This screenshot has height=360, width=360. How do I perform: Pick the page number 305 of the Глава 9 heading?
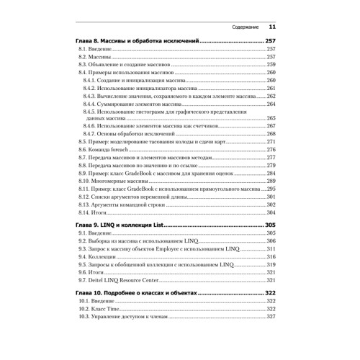(271, 225)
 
